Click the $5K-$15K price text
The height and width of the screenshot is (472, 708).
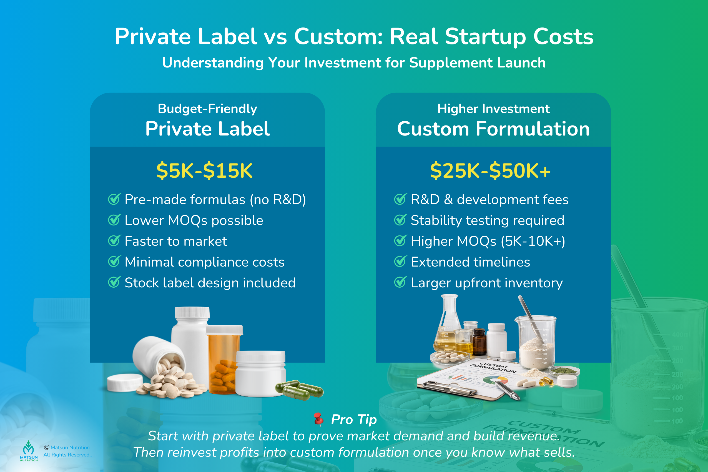pos(204,171)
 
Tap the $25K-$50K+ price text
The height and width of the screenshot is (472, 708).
pos(490,171)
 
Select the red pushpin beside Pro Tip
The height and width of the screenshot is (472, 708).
pos(318,419)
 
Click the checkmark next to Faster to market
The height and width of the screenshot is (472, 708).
pos(114,241)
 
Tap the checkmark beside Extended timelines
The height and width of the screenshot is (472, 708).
pos(400,262)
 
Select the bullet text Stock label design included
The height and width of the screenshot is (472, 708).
pos(210,283)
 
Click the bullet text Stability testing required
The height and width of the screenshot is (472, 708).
pos(487,220)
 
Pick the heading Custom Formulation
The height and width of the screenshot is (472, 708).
pos(493,129)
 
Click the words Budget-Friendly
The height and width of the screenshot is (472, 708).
pos(207,109)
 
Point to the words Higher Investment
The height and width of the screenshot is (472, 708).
pos(493,109)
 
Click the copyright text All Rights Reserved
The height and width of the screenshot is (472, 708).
pos(67,455)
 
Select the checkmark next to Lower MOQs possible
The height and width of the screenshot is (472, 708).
pos(114,220)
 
